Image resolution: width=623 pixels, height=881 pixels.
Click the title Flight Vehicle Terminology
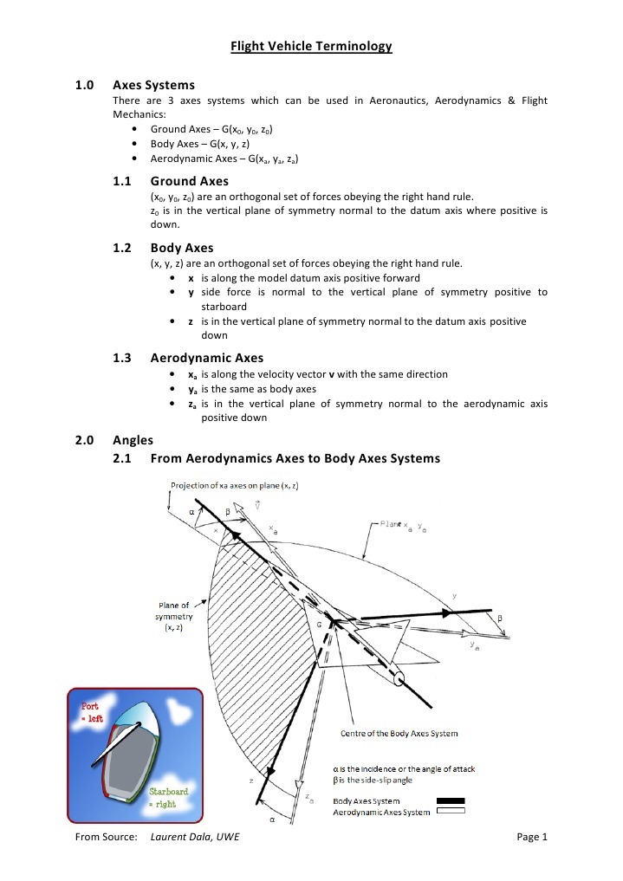pyautogui.click(x=311, y=46)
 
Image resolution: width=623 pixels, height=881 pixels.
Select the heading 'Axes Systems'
pyautogui.click(x=154, y=85)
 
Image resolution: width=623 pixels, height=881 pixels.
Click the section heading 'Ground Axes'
pyautogui.click(x=189, y=181)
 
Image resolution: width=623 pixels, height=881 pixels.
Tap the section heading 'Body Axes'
pyautogui.click(x=181, y=248)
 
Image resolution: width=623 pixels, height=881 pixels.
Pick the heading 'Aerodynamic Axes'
pyautogui.click(x=207, y=357)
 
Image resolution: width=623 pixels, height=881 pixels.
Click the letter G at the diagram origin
pyautogui.click(x=318, y=623)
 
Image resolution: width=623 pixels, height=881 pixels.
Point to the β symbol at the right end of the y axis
pyautogui.click(x=498, y=619)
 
